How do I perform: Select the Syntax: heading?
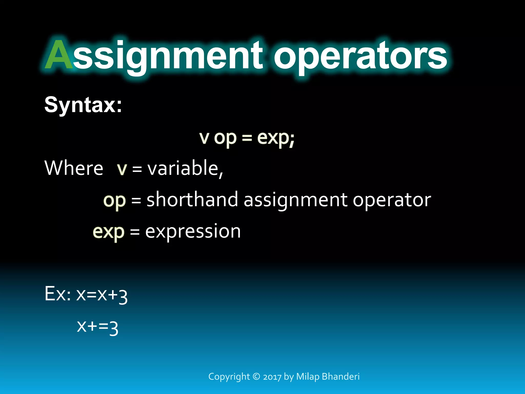click(83, 105)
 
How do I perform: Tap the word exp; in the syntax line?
click(276, 138)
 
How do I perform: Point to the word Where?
click(74, 168)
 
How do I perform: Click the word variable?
click(185, 168)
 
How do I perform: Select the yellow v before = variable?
click(122, 169)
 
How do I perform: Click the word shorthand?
click(192, 200)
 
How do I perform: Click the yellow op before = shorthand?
click(114, 201)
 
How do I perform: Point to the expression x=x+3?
click(102, 295)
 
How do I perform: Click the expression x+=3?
click(98, 327)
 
